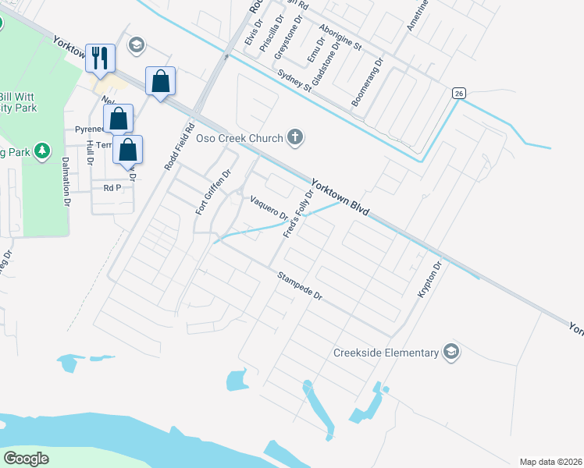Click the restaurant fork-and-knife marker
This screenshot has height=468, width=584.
(100, 58)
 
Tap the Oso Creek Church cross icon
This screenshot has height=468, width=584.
(294, 138)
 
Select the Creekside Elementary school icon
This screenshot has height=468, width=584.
(450, 352)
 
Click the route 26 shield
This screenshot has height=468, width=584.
(458, 94)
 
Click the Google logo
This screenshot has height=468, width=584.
(26, 458)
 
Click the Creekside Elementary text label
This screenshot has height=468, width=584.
(386, 353)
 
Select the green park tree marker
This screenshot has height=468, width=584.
(43, 151)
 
